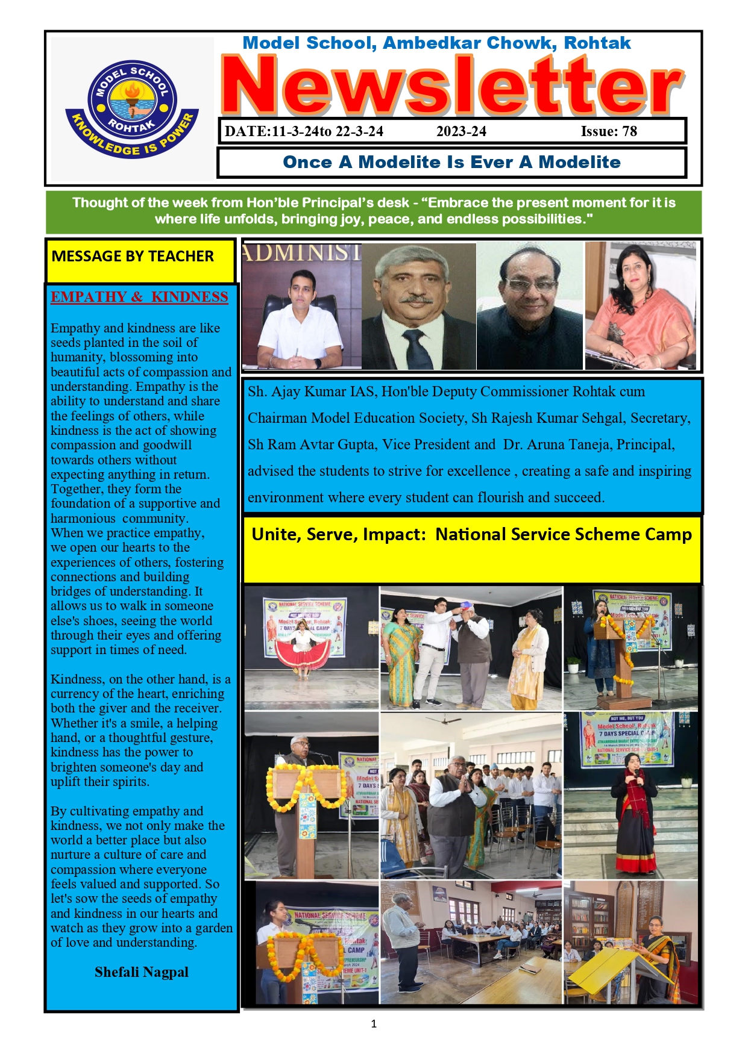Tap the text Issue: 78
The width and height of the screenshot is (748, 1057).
point(609,131)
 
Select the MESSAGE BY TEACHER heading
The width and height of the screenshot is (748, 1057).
point(133,257)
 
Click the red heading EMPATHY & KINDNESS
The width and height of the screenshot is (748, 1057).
point(139,297)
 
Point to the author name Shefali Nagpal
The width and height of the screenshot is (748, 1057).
point(142,971)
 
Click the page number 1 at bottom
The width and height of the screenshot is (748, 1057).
point(374,1023)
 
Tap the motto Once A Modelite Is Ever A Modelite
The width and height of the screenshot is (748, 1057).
point(451,162)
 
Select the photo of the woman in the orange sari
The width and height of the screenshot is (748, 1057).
point(640,305)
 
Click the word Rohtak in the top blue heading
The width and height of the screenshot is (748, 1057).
point(597,43)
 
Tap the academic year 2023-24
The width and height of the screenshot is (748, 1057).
point(461,131)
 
